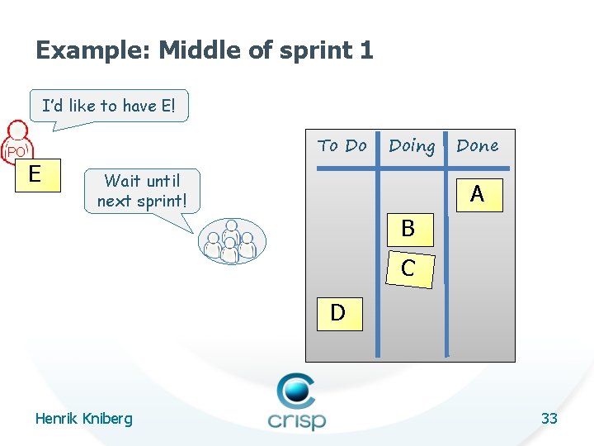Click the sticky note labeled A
pyautogui.click(x=477, y=194)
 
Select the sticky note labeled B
pyautogui.click(x=408, y=228)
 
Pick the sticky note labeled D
pyautogui.click(x=337, y=313)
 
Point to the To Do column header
pyautogui.click(x=342, y=146)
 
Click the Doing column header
pyautogui.click(x=412, y=146)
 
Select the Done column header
pyautogui.click(x=477, y=146)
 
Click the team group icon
pyautogui.click(x=230, y=241)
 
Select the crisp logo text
pyautogui.click(x=296, y=419)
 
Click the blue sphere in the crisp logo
pyautogui.click(x=296, y=389)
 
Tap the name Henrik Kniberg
pyautogui.click(x=83, y=419)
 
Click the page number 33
pyautogui.click(x=549, y=419)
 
